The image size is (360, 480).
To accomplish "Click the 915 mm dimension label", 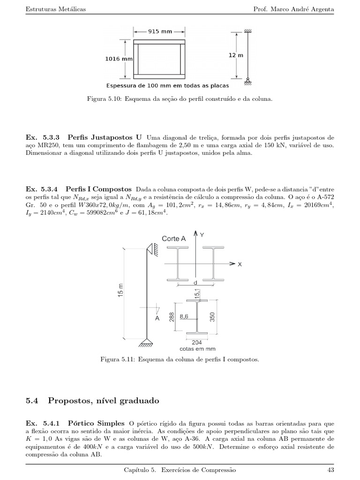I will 160,32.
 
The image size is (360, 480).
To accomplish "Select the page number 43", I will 330,469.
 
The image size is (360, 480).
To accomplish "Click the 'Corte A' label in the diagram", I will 173,239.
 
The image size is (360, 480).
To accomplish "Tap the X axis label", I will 239,264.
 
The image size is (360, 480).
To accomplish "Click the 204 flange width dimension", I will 197,342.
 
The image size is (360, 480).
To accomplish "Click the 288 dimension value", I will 172,317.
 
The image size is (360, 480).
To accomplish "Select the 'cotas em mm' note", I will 197,349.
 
